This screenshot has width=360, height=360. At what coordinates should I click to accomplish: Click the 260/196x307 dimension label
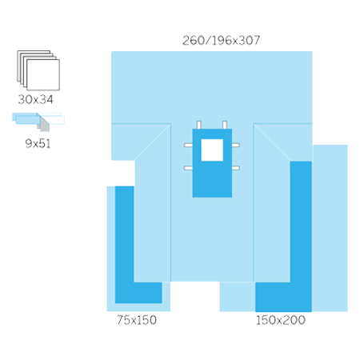coord(221,41)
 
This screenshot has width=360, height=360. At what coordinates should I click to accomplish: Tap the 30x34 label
coord(36,99)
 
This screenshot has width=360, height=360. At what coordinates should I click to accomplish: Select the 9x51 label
coord(38,144)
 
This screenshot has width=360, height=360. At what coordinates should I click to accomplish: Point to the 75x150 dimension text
coord(137,320)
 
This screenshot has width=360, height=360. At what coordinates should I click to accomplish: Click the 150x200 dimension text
coord(281,320)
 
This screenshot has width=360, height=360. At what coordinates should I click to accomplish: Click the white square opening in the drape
coord(212,150)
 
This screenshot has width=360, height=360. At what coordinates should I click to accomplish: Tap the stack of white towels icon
coord(38,70)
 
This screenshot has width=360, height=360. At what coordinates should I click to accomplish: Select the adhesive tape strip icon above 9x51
coord(38,122)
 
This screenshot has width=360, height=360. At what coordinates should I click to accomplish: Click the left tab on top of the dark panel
coord(199,125)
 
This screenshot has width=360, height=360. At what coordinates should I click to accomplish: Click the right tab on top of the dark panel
coord(225,125)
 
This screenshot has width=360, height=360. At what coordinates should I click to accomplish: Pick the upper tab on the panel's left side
coord(188,145)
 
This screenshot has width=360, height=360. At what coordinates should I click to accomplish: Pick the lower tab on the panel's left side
coord(188,168)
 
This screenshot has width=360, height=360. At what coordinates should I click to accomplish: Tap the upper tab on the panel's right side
coord(236,145)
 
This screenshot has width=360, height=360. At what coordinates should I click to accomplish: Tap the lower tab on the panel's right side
coord(236,168)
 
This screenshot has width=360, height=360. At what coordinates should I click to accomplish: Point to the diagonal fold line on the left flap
coord(153,142)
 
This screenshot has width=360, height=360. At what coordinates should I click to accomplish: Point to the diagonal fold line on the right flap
coord(272,142)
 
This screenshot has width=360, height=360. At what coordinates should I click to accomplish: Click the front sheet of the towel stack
coord(43,75)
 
